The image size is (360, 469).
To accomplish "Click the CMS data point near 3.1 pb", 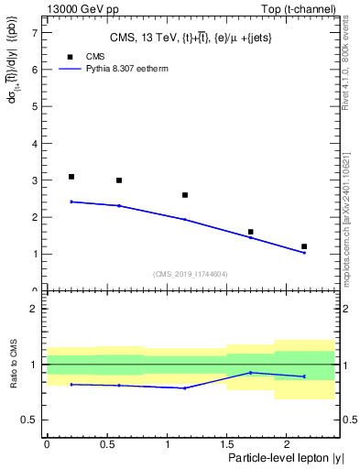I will tap(71, 177).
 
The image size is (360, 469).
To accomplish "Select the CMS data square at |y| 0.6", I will tap(119, 180).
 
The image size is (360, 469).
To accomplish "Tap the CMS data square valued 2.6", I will tap(185, 195).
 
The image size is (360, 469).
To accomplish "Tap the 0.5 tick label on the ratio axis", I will tap(30, 420).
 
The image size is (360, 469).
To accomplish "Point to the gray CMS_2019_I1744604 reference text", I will tap(191, 274).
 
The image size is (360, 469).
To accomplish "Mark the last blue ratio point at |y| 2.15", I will tap(304, 376).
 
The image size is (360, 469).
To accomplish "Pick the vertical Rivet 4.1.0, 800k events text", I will tap(352, 64).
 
